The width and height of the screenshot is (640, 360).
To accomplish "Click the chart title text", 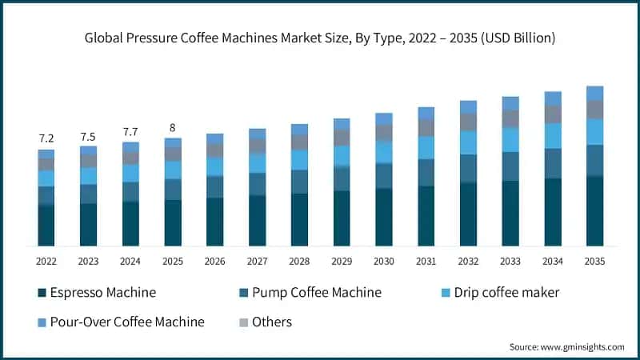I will point(320,38).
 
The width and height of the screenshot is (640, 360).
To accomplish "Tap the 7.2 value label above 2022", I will point(46,138).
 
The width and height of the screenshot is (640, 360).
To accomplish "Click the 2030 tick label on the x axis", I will point(384,261).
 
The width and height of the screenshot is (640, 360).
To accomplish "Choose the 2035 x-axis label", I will point(594,261).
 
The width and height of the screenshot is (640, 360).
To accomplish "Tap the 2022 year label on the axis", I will point(46,261).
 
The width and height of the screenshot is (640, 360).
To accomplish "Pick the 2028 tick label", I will point(299,261).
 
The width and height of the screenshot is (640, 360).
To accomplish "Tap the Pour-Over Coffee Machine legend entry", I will point(120,322).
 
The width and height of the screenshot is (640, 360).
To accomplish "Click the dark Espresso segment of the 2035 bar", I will point(594,211).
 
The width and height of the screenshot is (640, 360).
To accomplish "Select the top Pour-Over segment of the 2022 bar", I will point(46,154).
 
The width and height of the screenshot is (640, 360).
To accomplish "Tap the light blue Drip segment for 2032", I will point(468,142).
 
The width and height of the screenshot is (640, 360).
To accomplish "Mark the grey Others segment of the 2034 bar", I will point(553,114).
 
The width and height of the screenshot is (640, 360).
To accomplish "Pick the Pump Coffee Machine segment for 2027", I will point(257,184).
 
